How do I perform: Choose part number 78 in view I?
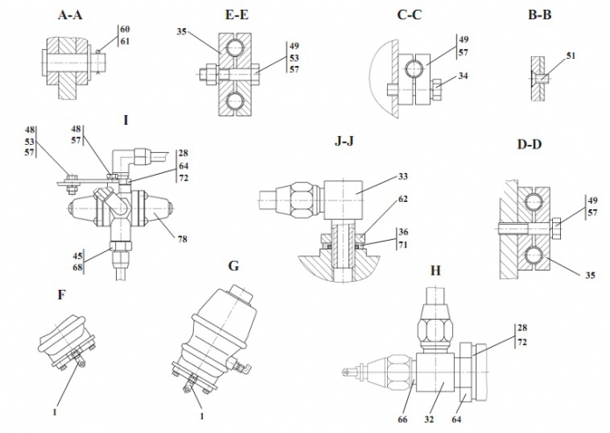pyautogui.click(x=183, y=238)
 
